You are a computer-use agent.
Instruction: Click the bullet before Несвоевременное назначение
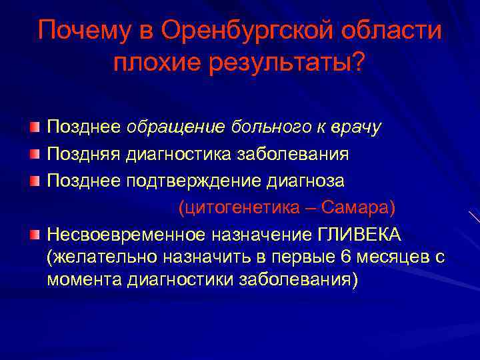coord(35,234)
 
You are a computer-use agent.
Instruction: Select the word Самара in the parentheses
coord(357,208)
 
